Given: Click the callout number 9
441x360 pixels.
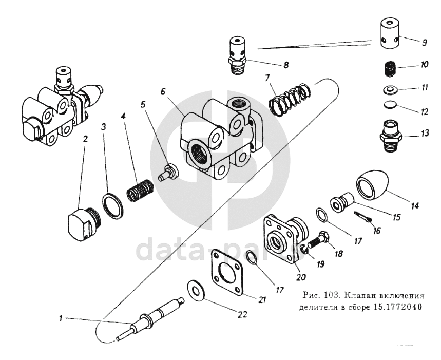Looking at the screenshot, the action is (424, 43).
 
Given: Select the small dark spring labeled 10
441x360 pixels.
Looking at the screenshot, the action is (390, 69).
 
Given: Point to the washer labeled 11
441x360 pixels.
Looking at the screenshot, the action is (390, 90).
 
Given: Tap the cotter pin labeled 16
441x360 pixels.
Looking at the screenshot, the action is (362, 216).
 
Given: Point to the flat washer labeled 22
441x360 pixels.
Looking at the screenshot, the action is (197, 289).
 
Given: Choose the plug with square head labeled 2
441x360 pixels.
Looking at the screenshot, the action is (84, 223).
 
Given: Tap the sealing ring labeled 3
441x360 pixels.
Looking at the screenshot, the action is (112, 206).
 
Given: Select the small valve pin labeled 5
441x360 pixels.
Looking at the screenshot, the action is (168, 173).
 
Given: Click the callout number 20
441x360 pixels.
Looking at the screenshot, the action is (301, 277).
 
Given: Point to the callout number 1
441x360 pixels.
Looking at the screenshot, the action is (61, 318).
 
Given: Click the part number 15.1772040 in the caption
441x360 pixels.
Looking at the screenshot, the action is (398, 306).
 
